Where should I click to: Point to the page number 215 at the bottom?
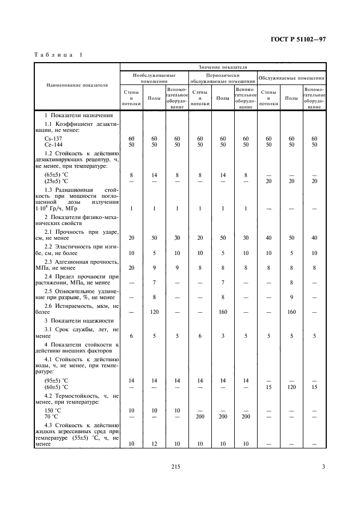(x=175, y=466)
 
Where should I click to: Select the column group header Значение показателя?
(x=223, y=66)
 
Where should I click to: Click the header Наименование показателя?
(x=77, y=85)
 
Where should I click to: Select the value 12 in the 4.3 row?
(x=154, y=444)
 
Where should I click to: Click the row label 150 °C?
(x=53, y=410)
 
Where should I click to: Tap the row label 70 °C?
(x=52, y=416)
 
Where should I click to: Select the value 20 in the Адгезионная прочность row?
(x=131, y=268)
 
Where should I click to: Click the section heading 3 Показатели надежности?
(x=78, y=320)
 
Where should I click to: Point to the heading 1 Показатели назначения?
(x=78, y=116)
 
